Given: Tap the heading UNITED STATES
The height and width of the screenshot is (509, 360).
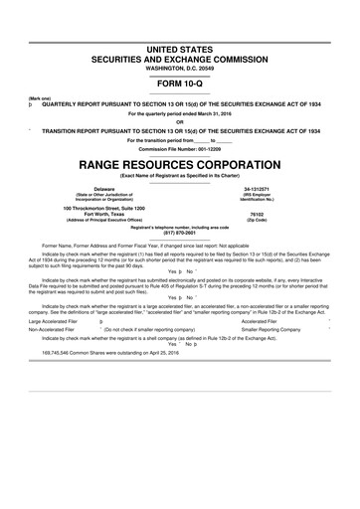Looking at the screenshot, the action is (x=180, y=49).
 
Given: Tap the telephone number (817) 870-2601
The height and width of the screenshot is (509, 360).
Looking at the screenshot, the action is (x=180, y=235).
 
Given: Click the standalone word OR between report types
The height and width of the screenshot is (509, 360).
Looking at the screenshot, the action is (x=180, y=122).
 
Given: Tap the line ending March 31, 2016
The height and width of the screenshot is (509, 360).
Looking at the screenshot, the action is (x=180, y=113).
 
